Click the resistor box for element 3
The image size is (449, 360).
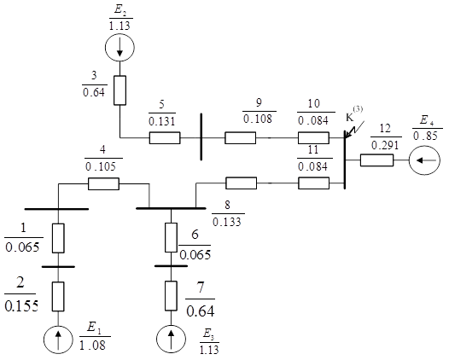tap(120, 90)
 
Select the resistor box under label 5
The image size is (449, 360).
tap(165, 138)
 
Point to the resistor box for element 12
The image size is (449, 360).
tap(376, 160)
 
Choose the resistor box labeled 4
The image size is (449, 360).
tap(103, 183)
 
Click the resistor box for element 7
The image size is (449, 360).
tap(171, 296)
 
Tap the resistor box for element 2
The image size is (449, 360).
tap(58, 297)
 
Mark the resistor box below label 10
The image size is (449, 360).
tap(313, 138)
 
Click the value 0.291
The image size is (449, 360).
tap(385, 145)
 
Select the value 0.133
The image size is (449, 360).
tap(227, 222)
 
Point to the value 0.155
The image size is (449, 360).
tap(21, 306)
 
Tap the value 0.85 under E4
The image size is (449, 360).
tap(425, 136)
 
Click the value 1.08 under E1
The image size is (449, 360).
tap(92, 345)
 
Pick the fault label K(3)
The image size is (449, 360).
tap(354, 114)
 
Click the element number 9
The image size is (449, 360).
tap(259, 102)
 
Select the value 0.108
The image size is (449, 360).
tap(258, 119)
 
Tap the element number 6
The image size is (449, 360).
tap(195, 234)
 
